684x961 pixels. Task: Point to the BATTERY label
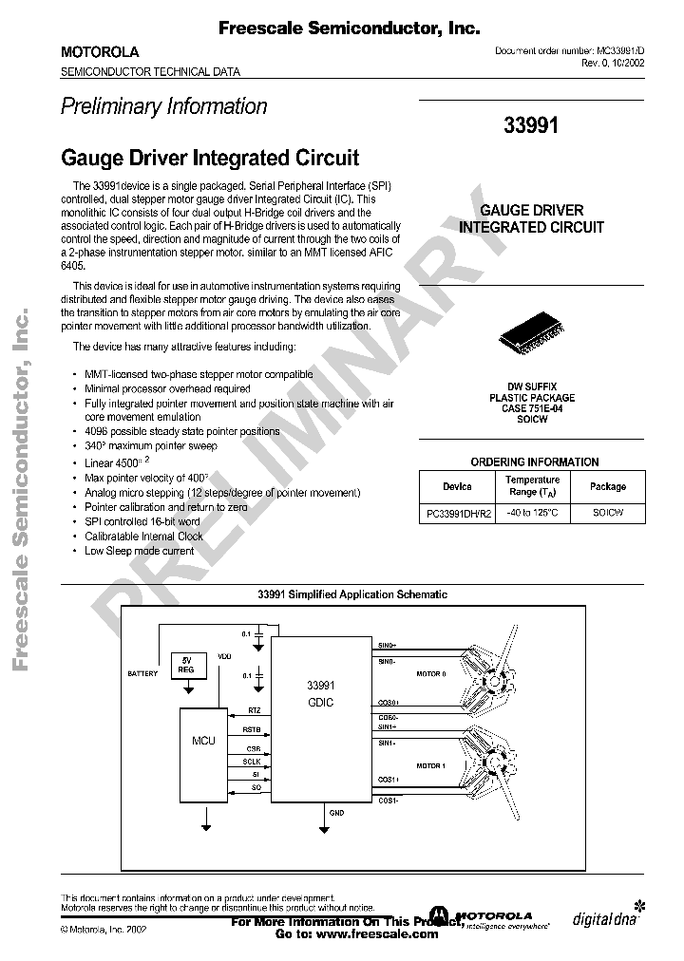pyautogui.click(x=142, y=673)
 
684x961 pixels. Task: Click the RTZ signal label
pyautogui.click(x=254, y=710)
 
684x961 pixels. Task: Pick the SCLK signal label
pyautogui.click(x=252, y=762)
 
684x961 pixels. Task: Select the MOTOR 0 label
pyautogui.click(x=429, y=673)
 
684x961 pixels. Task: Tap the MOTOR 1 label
pyautogui.click(x=429, y=764)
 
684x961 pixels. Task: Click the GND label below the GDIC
pyautogui.click(x=336, y=814)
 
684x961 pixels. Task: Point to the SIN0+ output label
pyautogui.click(x=388, y=643)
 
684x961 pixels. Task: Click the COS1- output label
pyautogui.click(x=388, y=801)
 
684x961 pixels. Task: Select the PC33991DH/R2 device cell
pyautogui.click(x=457, y=513)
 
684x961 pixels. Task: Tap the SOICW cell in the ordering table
pyautogui.click(x=607, y=513)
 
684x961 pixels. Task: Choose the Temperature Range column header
pyautogui.click(x=532, y=486)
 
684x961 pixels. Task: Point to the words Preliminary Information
pyautogui.click(x=163, y=107)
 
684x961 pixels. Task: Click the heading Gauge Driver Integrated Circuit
pyautogui.click(x=209, y=157)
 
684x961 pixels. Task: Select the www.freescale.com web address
pyautogui.click(x=380, y=933)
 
